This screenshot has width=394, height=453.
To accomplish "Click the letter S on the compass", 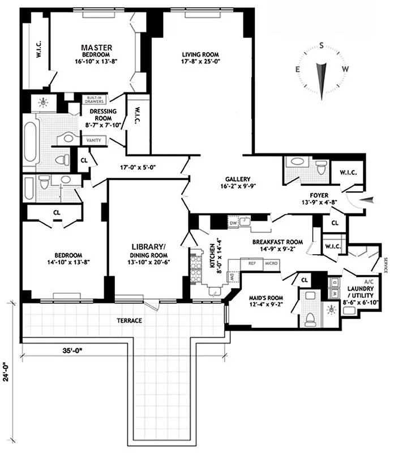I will (322, 46).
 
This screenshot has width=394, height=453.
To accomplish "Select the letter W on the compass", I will (345, 69).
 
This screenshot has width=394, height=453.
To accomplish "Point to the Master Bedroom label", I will (96, 52).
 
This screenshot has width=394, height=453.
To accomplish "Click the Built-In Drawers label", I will (94, 99).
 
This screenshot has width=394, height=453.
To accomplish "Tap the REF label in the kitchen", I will (251, 263).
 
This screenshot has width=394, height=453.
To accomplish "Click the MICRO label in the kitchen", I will (270, 263).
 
